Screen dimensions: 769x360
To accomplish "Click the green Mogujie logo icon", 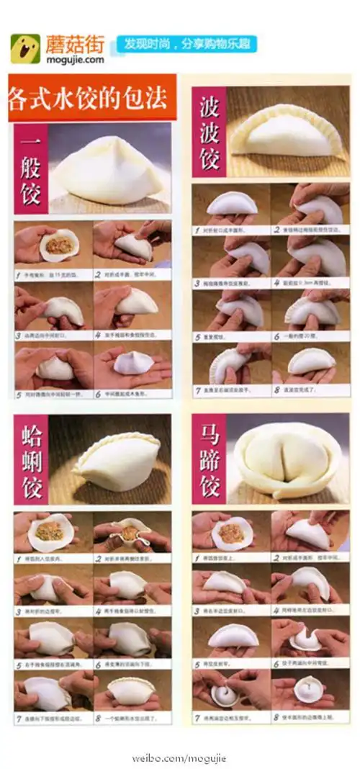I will [25, 48].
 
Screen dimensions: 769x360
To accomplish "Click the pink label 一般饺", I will [31, 169].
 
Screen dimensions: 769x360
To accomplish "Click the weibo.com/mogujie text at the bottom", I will [179, 757].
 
